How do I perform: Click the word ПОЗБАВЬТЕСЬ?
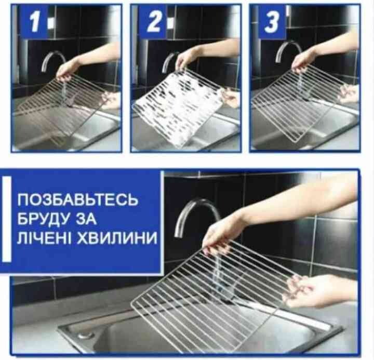(77, 199)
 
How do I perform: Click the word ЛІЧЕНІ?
(44, 237)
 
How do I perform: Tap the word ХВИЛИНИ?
(117, 237)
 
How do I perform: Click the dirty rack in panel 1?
(64, 108)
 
